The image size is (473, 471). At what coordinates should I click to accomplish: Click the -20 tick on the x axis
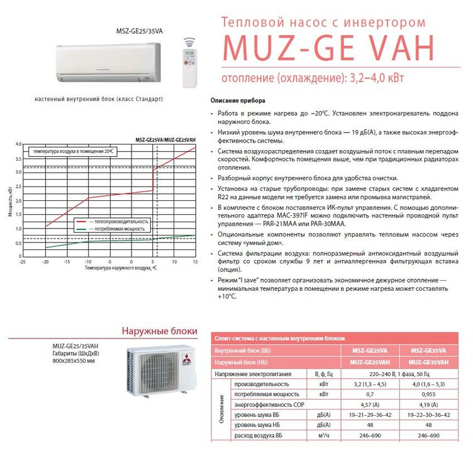pos(45,261)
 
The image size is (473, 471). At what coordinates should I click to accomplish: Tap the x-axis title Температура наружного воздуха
pos(120,268)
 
